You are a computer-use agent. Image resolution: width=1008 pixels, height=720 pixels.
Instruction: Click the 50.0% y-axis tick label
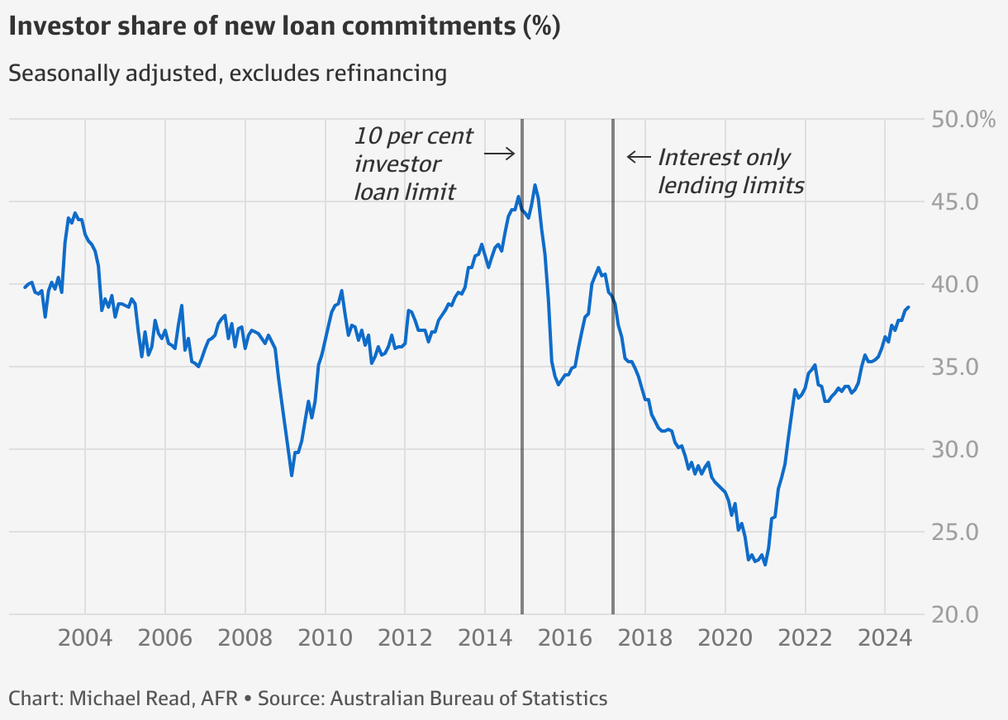point(963,120)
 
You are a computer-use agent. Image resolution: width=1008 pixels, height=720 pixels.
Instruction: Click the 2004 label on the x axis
point(85,638)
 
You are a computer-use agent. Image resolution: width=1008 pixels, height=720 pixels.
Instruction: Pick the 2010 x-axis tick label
point(325,638)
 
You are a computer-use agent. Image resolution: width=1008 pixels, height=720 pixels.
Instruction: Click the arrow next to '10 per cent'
point(499,153)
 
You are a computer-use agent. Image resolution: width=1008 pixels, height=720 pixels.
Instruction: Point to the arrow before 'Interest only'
point(638,157)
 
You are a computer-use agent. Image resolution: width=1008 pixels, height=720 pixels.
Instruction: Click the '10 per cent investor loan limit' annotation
point(413,163)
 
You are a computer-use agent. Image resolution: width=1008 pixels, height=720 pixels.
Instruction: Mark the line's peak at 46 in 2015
point(535,185)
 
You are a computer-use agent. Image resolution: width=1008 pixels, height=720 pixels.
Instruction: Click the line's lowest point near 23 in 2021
point(765,565)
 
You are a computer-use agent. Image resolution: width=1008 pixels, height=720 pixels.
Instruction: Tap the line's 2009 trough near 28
point(292,476)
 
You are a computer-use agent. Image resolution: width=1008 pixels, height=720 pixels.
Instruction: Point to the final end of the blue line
point(908,307)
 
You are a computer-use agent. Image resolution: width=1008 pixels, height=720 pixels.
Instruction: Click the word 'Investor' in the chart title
point(59,26)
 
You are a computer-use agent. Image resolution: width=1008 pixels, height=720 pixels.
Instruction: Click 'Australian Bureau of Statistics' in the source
point(468,698)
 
